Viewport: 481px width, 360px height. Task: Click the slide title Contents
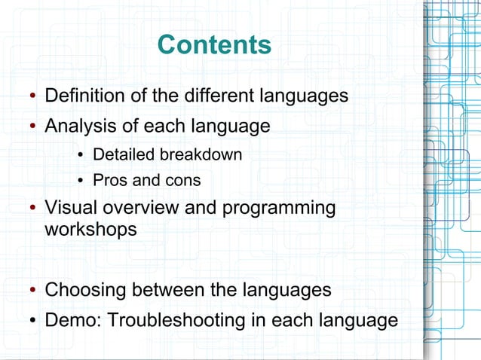pyautogui.click(x=215, y=45)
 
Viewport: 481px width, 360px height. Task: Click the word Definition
pyautogui.click(x=82, y=96)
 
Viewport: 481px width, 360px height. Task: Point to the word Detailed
pyautogui.click(x=121, y=154)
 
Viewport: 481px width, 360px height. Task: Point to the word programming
pyautogui.click(x=278, y=208)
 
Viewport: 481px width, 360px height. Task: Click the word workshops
pyautogui.click(x=91, y=229)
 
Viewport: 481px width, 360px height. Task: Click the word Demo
pyautogui.click(x=72, y=320)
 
